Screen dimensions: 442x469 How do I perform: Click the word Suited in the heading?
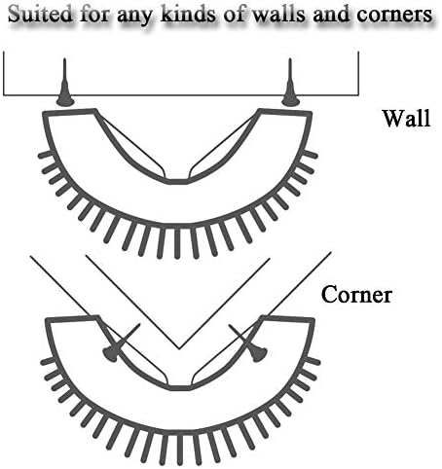click(40, 14)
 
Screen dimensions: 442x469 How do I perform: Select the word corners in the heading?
click(394, 15)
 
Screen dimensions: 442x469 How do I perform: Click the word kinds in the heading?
click(187, 14)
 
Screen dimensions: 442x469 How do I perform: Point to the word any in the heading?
click(134, 17)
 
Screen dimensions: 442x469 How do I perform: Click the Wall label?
click(406, 118)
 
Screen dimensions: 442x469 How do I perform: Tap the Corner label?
click(356, 295)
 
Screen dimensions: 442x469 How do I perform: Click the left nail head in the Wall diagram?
click(65, 101)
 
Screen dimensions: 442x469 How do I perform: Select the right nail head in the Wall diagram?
click(290, 101)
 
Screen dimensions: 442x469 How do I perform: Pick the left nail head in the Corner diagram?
click(110, 354)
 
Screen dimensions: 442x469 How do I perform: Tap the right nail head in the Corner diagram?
click(259, 353)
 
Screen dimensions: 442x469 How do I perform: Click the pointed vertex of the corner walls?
click(179, 349)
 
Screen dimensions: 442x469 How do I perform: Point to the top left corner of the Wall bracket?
click(44, 114)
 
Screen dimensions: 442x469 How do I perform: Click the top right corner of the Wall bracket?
click(311, 114)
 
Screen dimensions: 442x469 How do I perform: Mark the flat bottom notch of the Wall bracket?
click(177, 181)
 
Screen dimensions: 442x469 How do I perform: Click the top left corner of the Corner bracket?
click(47, 320)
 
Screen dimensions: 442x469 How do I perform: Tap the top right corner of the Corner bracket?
click(313, 320)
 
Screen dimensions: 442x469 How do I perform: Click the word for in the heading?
click(94, 14)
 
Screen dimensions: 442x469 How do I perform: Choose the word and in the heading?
click(331, 14)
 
